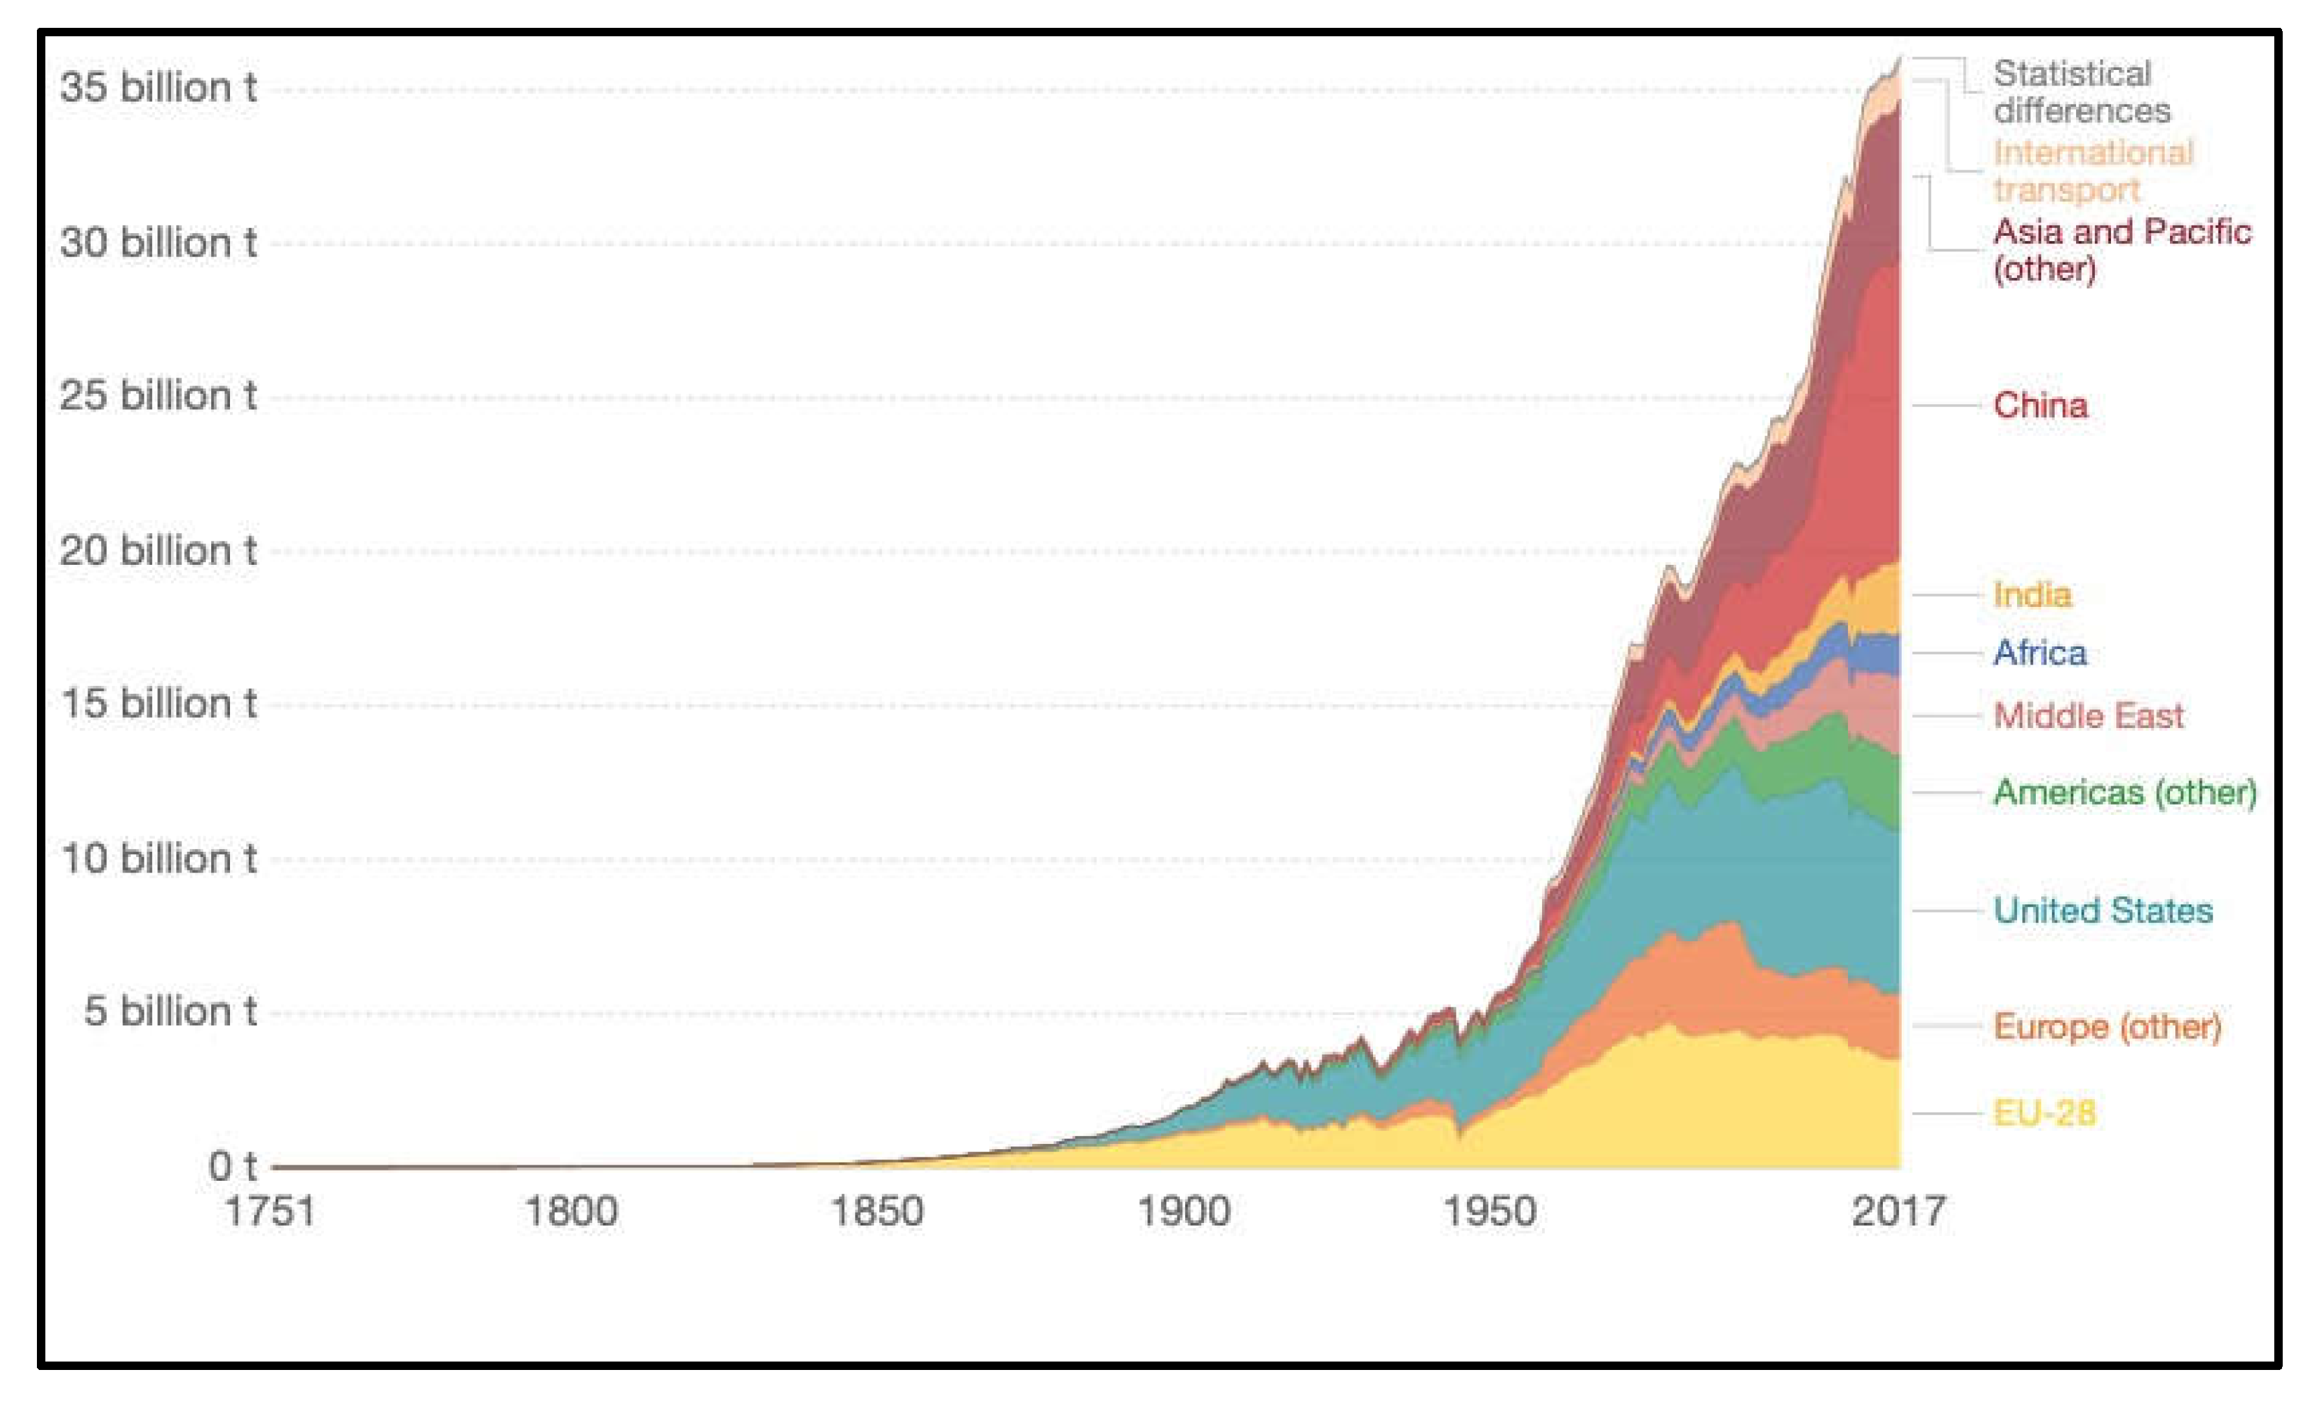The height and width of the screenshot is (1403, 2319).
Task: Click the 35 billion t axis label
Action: pos(158,87)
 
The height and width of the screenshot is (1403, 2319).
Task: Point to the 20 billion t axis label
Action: pos(158,551)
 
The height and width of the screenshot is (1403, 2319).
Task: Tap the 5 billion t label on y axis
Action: pos(169,1012)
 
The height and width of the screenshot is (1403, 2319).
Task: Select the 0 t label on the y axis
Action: pos(231,1167)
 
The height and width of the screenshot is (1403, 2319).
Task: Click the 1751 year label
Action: pos(270,1211)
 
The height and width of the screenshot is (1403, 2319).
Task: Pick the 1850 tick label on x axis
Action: pos(877,1211)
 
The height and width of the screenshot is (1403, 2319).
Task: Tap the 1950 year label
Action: pos(1489,1211)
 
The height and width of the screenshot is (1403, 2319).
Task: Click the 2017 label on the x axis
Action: pos(1898,1211)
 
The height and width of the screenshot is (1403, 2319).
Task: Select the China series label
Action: pos(2040,405)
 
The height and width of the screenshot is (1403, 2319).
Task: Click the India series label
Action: pos(2032,595)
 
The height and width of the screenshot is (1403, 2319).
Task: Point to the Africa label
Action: pos(2040,653)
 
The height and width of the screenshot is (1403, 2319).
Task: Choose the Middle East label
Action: pos(2088,716)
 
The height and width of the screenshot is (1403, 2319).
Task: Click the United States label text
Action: pos(2103,911)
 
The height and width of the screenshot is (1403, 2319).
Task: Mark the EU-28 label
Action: pos(2044,1114)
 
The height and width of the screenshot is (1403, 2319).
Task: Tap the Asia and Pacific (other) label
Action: pos(2121,250)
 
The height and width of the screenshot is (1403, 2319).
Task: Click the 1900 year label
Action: pos(1184,1211)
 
